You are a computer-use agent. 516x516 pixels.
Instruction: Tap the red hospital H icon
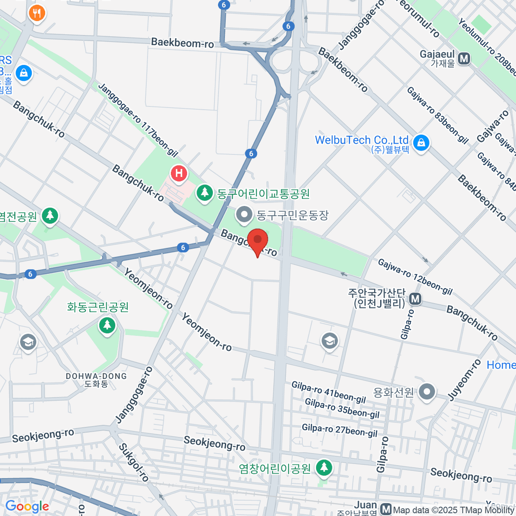(179, 174)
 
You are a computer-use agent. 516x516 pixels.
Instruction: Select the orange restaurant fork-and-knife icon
(37, 13)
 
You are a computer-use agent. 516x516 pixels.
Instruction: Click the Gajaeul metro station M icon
(464, 58)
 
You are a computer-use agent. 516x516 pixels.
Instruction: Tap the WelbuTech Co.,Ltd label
(361, 140)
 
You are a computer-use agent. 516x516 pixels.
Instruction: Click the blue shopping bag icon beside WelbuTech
(421, 142)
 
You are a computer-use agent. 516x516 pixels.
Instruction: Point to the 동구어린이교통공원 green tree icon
(205, 192)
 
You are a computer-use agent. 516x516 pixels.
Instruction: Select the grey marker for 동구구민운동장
(245, 214)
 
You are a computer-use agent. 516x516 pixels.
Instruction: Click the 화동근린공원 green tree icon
(107, 325)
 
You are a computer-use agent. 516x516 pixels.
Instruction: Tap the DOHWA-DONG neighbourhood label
(96, 380)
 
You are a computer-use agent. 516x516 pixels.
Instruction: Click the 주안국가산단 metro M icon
(415, 298)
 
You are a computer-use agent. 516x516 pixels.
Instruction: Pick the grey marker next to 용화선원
(427, 392)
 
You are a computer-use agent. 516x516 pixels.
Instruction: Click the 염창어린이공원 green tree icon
(324, 467)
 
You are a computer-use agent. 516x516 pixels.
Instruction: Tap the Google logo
(27, 507)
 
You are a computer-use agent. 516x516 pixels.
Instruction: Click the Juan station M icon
(386, 510)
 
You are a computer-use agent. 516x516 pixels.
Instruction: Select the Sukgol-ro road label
(134, 462)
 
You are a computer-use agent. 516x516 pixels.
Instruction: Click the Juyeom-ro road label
(465, 380)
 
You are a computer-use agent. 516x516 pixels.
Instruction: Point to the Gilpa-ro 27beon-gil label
(340, 430)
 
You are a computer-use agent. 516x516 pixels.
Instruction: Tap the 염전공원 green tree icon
(50, 215)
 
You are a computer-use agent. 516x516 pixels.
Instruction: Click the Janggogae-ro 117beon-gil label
(138, 119)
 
